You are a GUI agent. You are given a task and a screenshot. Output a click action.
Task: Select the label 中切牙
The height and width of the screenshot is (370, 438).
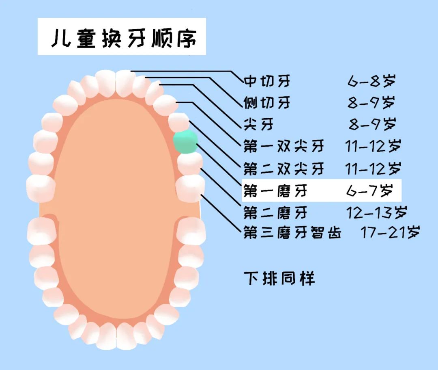point(267,81)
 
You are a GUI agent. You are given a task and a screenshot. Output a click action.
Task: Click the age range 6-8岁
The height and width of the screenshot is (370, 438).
point(371,81)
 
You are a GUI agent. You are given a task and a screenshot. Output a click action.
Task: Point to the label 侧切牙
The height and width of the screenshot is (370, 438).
point(267,102)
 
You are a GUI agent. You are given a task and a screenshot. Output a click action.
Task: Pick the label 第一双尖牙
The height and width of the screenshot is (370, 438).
point(284,146)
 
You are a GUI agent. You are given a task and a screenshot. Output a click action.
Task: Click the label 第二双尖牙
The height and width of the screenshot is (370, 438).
point(284,167)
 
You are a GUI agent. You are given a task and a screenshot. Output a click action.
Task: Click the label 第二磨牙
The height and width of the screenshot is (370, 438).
point(275,212)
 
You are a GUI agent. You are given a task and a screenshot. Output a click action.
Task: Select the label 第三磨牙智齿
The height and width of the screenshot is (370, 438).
point(292,233)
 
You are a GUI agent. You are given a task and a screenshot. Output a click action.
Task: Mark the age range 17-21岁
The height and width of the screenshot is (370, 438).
point(390,233)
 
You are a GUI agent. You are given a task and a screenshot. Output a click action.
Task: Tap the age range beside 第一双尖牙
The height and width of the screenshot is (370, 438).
point(373,146)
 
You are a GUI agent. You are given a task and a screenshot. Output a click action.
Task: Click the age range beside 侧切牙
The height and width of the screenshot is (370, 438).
point(371,102)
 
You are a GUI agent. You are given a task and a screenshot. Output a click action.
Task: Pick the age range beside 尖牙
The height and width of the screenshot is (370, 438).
point(372,124)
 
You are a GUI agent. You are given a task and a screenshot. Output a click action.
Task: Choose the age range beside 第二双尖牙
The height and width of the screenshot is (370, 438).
point(373,167)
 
